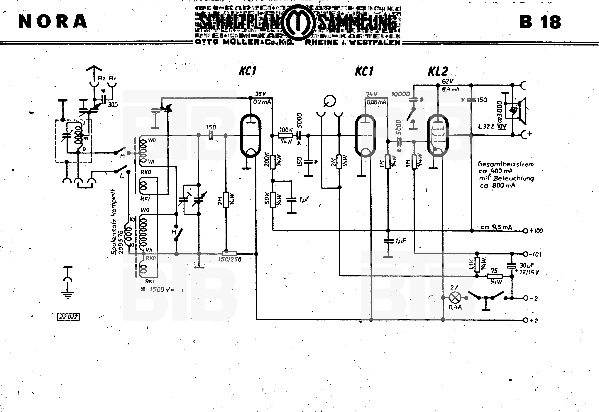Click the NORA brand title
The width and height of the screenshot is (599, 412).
53,21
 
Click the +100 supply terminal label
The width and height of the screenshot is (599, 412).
536,231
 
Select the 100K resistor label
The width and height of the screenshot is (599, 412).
286,130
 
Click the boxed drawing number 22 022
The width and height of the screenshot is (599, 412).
68,317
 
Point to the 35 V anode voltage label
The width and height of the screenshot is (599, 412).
260,94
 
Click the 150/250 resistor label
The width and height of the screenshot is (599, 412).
230,259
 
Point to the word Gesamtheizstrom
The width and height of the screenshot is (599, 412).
506,164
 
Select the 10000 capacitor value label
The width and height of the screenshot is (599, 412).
401,94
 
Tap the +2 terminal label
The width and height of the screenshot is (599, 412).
534,321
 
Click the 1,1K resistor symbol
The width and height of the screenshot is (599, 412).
477,265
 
